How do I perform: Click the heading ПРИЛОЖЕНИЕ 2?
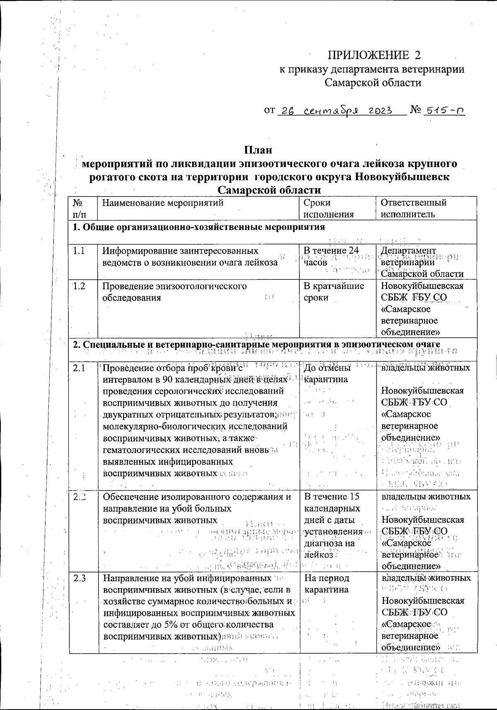[x=374, y=55]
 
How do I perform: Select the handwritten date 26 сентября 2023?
[x=336, y=111]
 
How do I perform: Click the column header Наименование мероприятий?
[x=163, y=203]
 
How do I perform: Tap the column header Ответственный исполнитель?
[x=413, y=208]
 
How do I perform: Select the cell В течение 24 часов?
[x=330, y=256]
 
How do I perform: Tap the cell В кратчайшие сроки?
[x=334, y=292]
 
